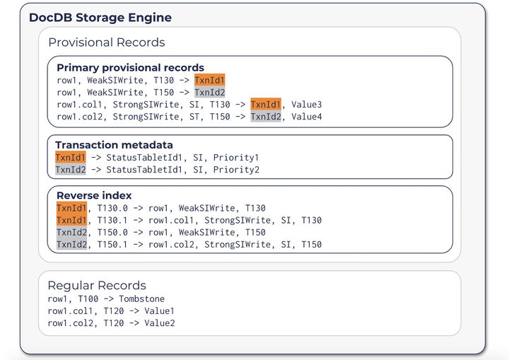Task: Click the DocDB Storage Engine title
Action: point(100,18)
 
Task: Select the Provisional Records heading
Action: point(107,42)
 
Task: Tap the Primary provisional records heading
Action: point(130,68)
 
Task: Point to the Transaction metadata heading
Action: point(114,145)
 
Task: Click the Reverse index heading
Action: point(94,195)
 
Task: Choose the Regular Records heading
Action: point(97,285)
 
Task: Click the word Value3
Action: point(306,105)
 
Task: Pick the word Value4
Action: point(306,117)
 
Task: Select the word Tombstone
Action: point(141,299)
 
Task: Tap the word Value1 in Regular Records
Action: point(159,311)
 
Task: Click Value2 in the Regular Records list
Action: point(159,323)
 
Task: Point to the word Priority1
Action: point(236,158)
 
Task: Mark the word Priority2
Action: point(236,170)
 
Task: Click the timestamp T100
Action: point(88,299)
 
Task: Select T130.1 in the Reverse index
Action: point(112,220)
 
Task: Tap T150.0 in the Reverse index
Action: point(112,232)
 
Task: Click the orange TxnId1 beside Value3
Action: point(266,105)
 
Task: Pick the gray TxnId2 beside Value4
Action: point(266,117)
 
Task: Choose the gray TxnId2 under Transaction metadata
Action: point(71,170)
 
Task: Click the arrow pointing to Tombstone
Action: point(108,299)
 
